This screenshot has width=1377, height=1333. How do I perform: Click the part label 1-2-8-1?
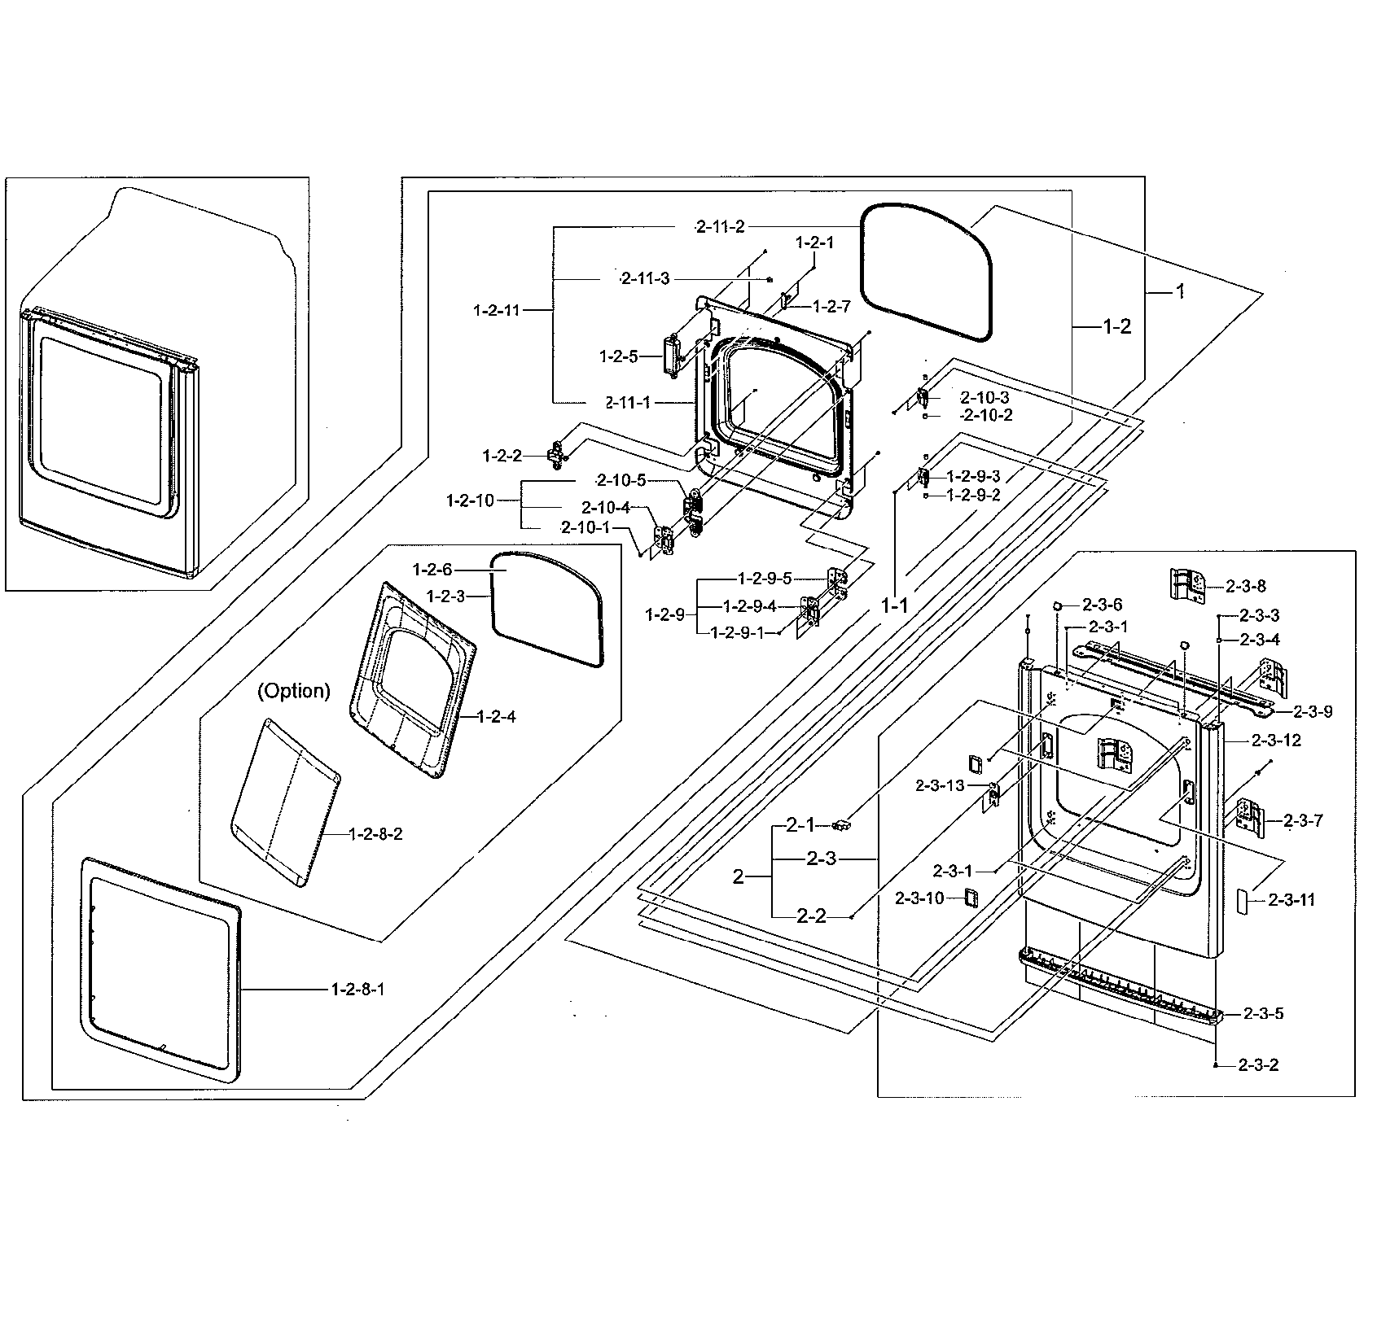(357, 989)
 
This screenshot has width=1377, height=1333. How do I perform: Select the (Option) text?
(294, 691)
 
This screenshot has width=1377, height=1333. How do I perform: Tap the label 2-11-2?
(720, 226)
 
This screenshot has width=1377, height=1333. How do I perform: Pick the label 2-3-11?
(1291, 899)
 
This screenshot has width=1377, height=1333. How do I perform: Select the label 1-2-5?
(619, 356)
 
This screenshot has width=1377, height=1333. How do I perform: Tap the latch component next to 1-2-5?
(673, 357)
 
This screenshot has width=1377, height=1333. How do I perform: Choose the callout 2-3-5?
(1263, 1013)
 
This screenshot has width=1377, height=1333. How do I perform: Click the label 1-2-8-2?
(375, 834)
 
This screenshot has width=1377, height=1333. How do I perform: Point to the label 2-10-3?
(985, 397)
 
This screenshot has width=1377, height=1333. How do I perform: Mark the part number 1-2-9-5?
(765, 579)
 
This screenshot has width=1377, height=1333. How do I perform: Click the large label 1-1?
(893, 605)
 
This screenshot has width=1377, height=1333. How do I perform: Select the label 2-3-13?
(940, 785)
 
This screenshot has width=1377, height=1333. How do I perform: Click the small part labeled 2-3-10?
(971, 897)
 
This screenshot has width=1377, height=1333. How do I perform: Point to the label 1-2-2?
(502, 456)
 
